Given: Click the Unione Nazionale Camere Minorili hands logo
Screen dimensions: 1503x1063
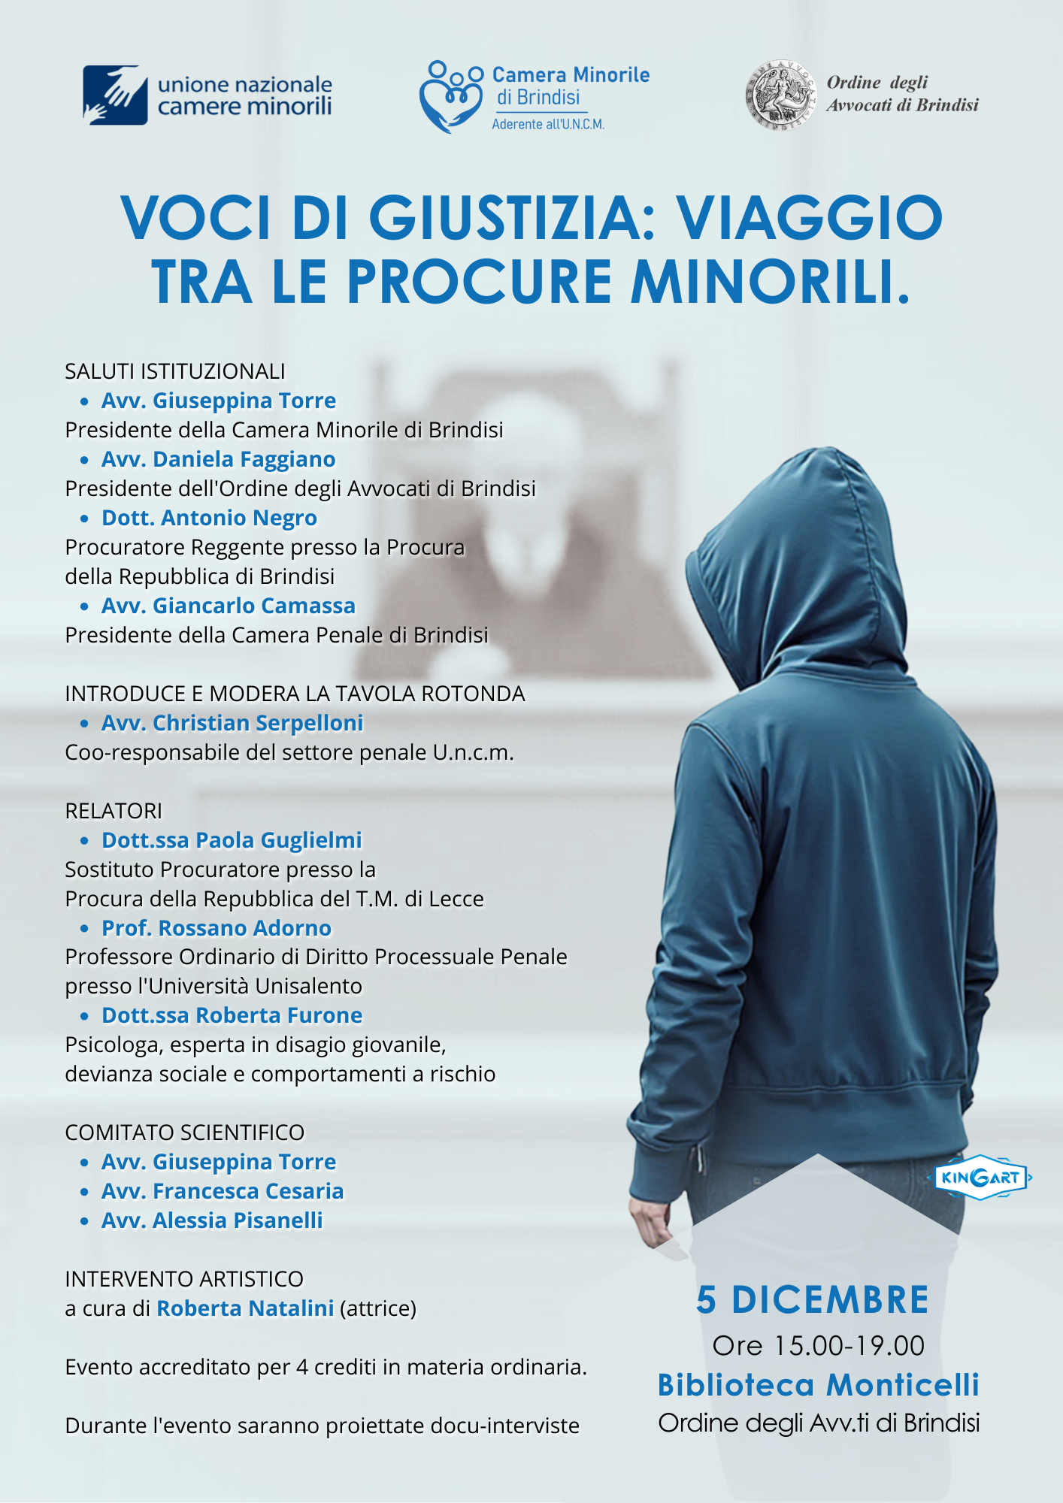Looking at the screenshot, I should coord(114,95).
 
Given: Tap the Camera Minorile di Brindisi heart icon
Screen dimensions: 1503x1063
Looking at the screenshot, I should coord(450,98).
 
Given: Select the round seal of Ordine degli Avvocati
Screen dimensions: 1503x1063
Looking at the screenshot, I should coord(780,95).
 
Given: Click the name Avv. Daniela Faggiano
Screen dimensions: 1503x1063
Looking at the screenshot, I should coord(218,459).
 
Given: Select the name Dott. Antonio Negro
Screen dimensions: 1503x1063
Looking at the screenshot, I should coord(209,518).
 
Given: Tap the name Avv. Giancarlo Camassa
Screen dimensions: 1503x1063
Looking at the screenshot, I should coord(228,606).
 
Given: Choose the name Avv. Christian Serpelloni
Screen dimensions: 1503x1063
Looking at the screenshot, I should coord(232,723).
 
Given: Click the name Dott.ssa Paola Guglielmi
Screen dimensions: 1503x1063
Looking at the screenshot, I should coord(232,840).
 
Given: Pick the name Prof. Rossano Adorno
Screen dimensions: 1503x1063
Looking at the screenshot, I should coord(217,928).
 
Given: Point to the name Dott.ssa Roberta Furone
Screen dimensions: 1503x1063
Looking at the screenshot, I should coord(232,1015).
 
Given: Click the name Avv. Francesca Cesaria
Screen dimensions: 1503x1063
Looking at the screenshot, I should coord(223,1191).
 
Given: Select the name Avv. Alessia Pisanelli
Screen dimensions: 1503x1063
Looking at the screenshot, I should coord(212,1220).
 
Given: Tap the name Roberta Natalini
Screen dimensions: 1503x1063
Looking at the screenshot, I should coord(245,1308).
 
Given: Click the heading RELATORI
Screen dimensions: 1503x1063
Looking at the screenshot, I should coord(114,811).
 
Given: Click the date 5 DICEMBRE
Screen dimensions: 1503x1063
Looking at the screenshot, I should coord(813,1300).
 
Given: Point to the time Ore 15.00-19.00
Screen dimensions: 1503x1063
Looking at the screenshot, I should coord(819,1346).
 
